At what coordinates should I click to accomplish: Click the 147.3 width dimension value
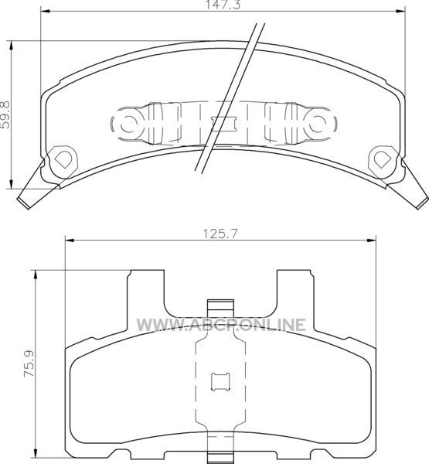click(x=223, y=5)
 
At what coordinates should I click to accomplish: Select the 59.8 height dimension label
click(x=5, y=114)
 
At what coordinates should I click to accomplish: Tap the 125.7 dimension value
click(x=220, y=234)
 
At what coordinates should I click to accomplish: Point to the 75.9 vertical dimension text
click(x=29, y=363)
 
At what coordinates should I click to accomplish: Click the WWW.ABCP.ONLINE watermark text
click(x=221, y=325)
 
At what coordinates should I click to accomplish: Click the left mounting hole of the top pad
click(x=63, y=159)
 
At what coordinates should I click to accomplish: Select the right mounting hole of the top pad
click(x=383, y=159)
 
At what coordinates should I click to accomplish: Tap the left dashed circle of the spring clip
click(x=128, y=124)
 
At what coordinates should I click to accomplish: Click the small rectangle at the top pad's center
click(x=223, y=123)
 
